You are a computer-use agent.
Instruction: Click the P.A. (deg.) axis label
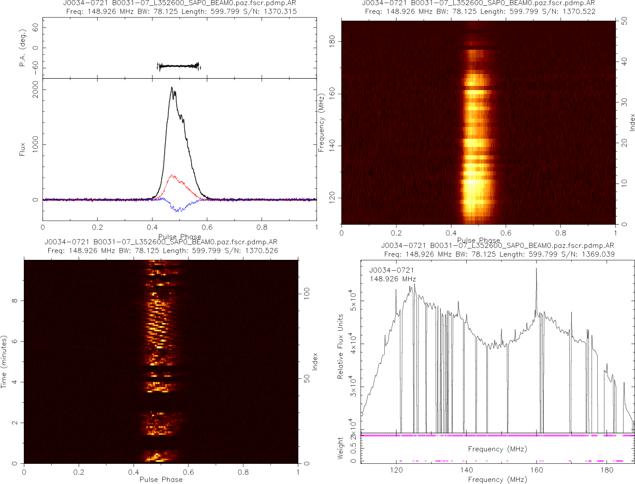click(23, 48)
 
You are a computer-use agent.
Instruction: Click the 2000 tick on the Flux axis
click(32, 90)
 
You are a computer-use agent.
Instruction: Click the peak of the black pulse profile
click(172, 87)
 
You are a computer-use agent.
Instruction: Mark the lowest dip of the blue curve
click(179, 211)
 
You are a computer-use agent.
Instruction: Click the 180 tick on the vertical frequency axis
click(333, 41)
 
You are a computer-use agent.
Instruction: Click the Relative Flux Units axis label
click(341, 346)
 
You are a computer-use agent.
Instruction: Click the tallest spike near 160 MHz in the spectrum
click(536, 269)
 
